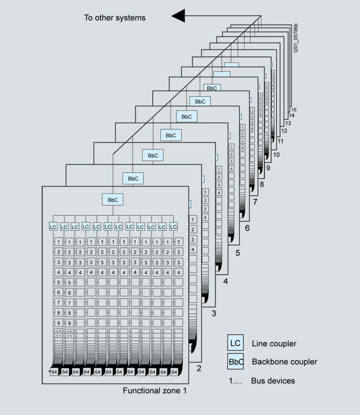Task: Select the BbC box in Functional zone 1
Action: (x=112, y=199)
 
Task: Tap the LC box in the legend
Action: (x=236, y=343)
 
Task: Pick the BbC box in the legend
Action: (x=236, y=362)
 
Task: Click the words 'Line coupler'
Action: (x=274, y=343)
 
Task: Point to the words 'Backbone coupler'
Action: (x=284, y=362)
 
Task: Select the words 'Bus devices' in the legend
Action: (x=273, y=381)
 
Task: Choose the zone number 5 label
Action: (x=237, y=253)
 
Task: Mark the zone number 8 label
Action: (x=263, y=184)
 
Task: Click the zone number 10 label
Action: (x=276, y=154)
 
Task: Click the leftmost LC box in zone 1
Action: (x=53, y=226)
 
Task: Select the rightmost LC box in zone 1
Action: (x=173, y=226)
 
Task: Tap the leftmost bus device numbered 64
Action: (x=54, y=372)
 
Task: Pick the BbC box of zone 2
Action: (x=133, y=178)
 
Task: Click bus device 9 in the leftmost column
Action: (x=58, y=323)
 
